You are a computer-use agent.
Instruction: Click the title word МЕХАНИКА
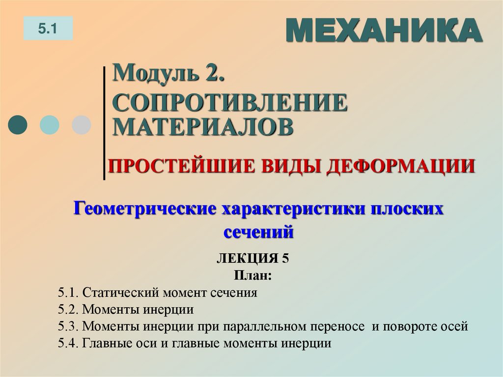click(x=383, y=30)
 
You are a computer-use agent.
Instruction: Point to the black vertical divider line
click(x=104, y=123)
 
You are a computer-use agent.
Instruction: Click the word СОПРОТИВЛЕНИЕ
click(x=229, y=103)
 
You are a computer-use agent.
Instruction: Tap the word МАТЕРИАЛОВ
click(x=203, y=126)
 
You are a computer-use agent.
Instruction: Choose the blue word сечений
click(x=258, y=231)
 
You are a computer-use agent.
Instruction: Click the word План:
click(x=252, y=276)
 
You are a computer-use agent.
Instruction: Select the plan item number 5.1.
click(x=68, y=293)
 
